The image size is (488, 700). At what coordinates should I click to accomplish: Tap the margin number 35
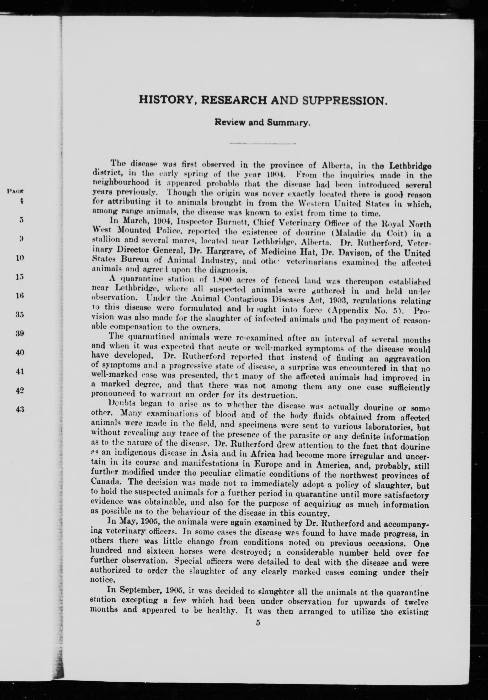pos(20,314)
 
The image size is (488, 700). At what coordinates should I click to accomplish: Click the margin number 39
pos(20,333)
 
